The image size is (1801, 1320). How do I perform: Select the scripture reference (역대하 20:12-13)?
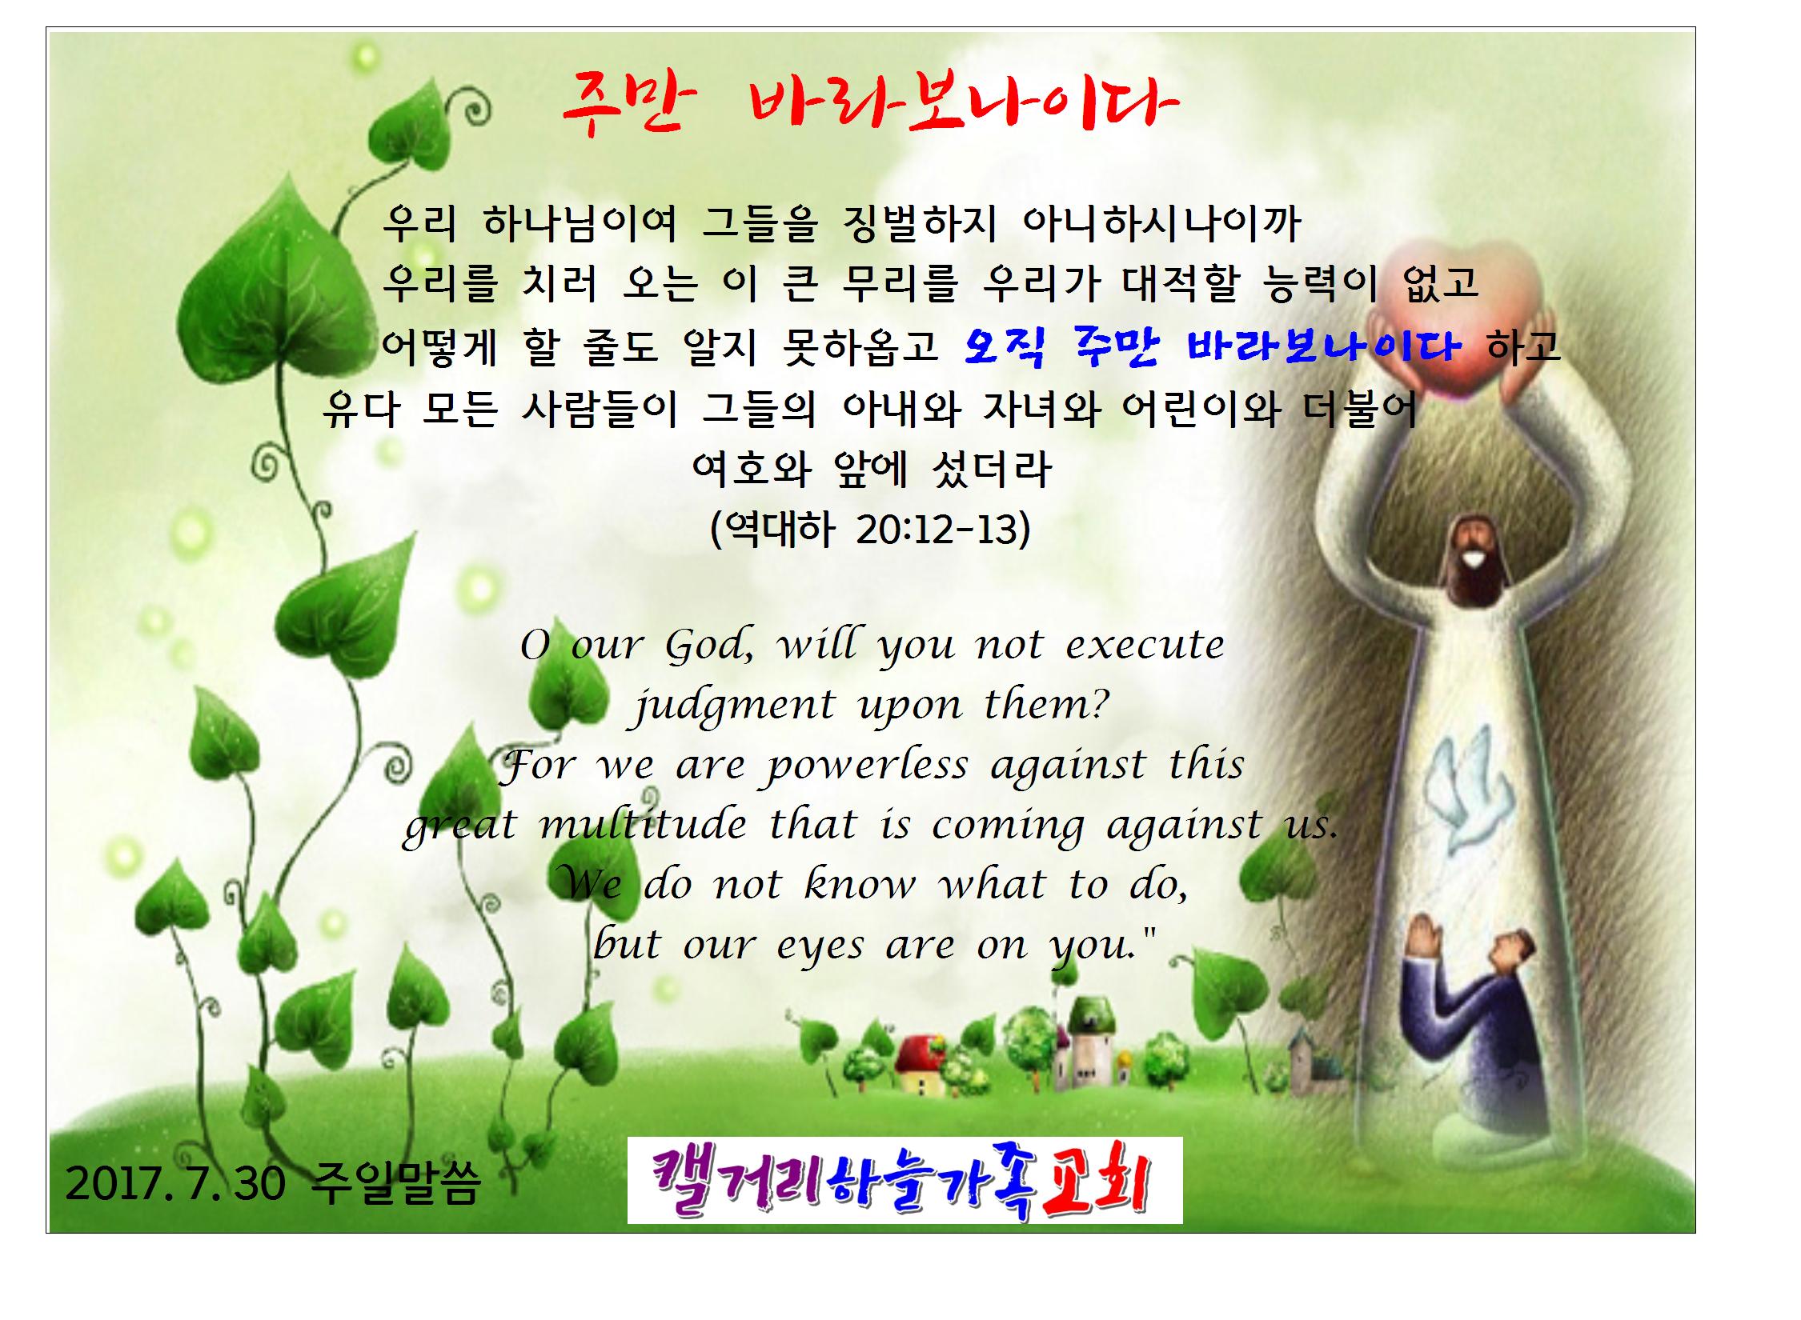pos(870,529)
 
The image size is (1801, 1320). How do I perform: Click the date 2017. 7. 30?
pos(175,1184)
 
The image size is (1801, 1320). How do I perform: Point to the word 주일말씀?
pos(397,1184)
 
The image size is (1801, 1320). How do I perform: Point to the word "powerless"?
pos(867,766)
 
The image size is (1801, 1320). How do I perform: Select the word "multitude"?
pos(643,826)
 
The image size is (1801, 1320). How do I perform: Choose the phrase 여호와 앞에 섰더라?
pos(871,469)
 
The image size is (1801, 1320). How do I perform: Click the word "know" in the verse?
pos(860,884)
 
